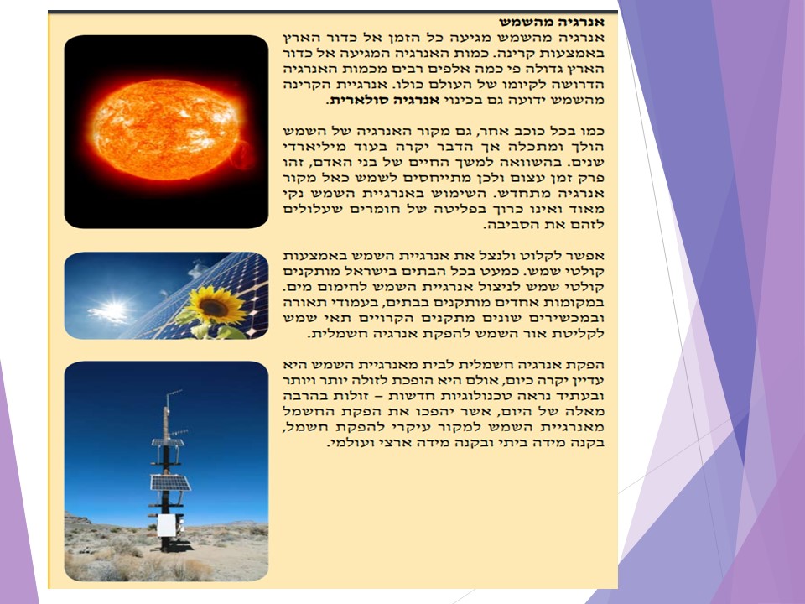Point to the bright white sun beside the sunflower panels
click(112, 312)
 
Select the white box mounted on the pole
click(166, 525)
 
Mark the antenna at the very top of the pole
click(172, 393)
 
